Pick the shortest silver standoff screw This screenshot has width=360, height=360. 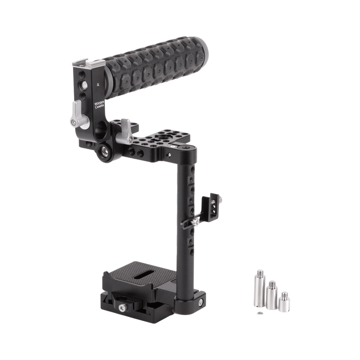point(284,302)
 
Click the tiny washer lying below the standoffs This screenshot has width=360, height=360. point(260,313)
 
